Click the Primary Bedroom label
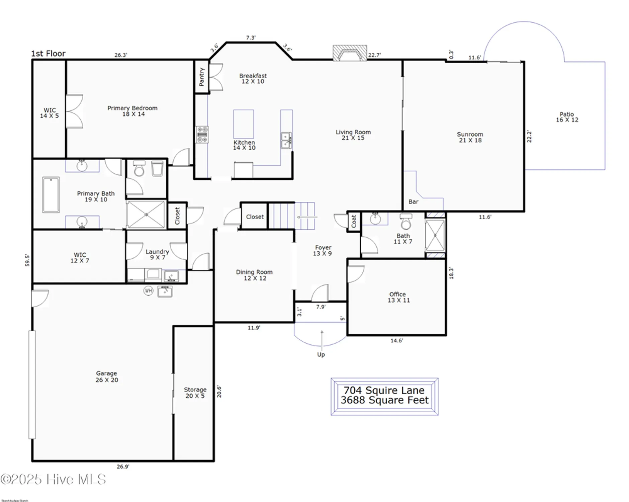(x=132, y=111)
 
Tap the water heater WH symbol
(x=148, y=290)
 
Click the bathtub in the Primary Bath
(x=51, y=195)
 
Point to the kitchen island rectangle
(x=243, y=124)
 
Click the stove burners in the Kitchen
(x=202, y=135)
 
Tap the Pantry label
(x=202, y=77)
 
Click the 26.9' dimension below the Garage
(x=123, y=467)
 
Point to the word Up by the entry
(x=321, y=354)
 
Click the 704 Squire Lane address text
(x=384, y=390)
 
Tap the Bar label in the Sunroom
(x=413, y=202)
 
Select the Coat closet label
(x=354, y=222)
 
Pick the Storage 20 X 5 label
(x=195, y=393)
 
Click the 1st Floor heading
(x=48, y=54)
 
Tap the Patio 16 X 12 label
(x=567, y=117)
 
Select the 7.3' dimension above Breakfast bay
(x=251, y=38)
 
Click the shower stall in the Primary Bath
(x=146, y=215)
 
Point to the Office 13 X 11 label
(x=398, y=297)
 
